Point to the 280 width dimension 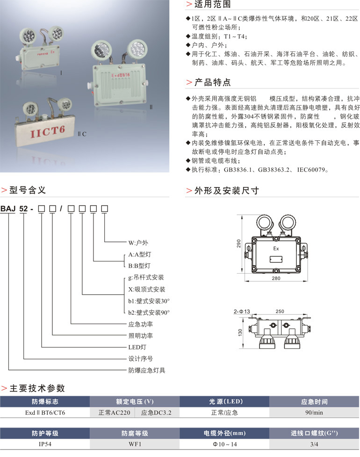click(276, 278)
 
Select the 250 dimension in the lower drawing click(280, 311)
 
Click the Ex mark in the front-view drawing click(276, 249)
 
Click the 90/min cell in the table click(314, 413)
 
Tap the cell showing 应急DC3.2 click(157, 413)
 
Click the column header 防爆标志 click(45, 402)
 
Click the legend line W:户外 click(138, 242)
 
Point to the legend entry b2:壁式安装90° click(149, 312)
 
